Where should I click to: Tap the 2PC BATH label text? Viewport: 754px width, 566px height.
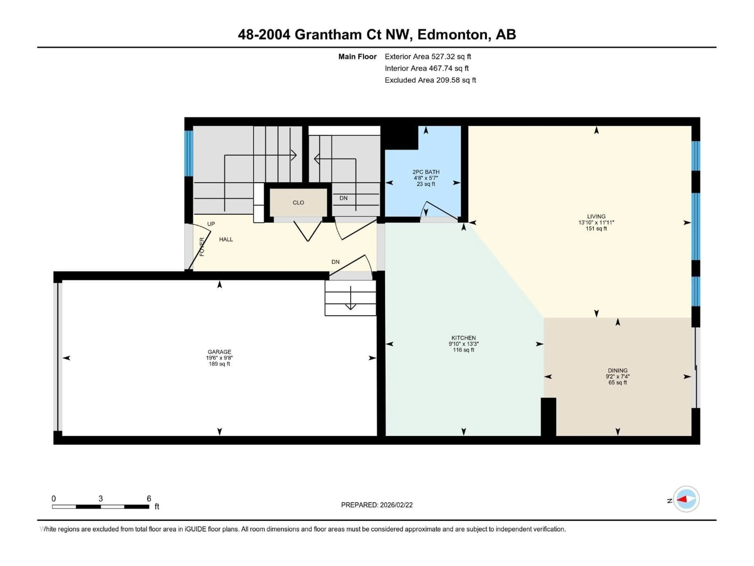426,172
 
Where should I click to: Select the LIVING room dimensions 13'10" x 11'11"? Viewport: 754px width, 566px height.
596,222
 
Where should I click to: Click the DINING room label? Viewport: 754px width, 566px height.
617,370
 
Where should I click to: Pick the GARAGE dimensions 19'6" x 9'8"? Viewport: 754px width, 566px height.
219,358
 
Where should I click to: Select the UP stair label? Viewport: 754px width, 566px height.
211,224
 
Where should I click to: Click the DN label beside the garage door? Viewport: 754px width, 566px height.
335,262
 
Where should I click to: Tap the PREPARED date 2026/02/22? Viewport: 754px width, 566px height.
377,505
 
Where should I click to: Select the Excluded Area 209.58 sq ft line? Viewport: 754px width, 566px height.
430,80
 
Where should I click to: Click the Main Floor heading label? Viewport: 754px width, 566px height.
357,57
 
